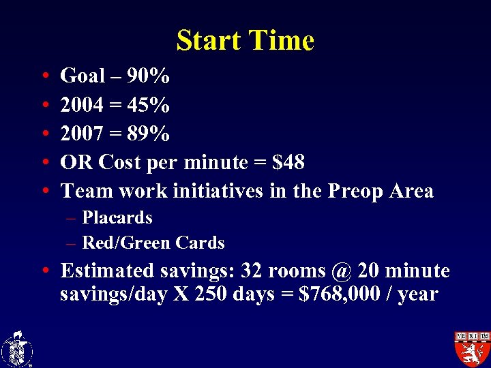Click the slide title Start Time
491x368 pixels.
click(245, 41)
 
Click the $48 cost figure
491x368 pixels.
click(288, 162)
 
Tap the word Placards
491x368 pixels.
click(117, 218)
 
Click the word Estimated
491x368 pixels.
click(107, 271)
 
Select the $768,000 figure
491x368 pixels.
click(344, 294)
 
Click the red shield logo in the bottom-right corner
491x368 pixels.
click(472, 348)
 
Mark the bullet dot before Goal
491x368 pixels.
click(44, 77)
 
